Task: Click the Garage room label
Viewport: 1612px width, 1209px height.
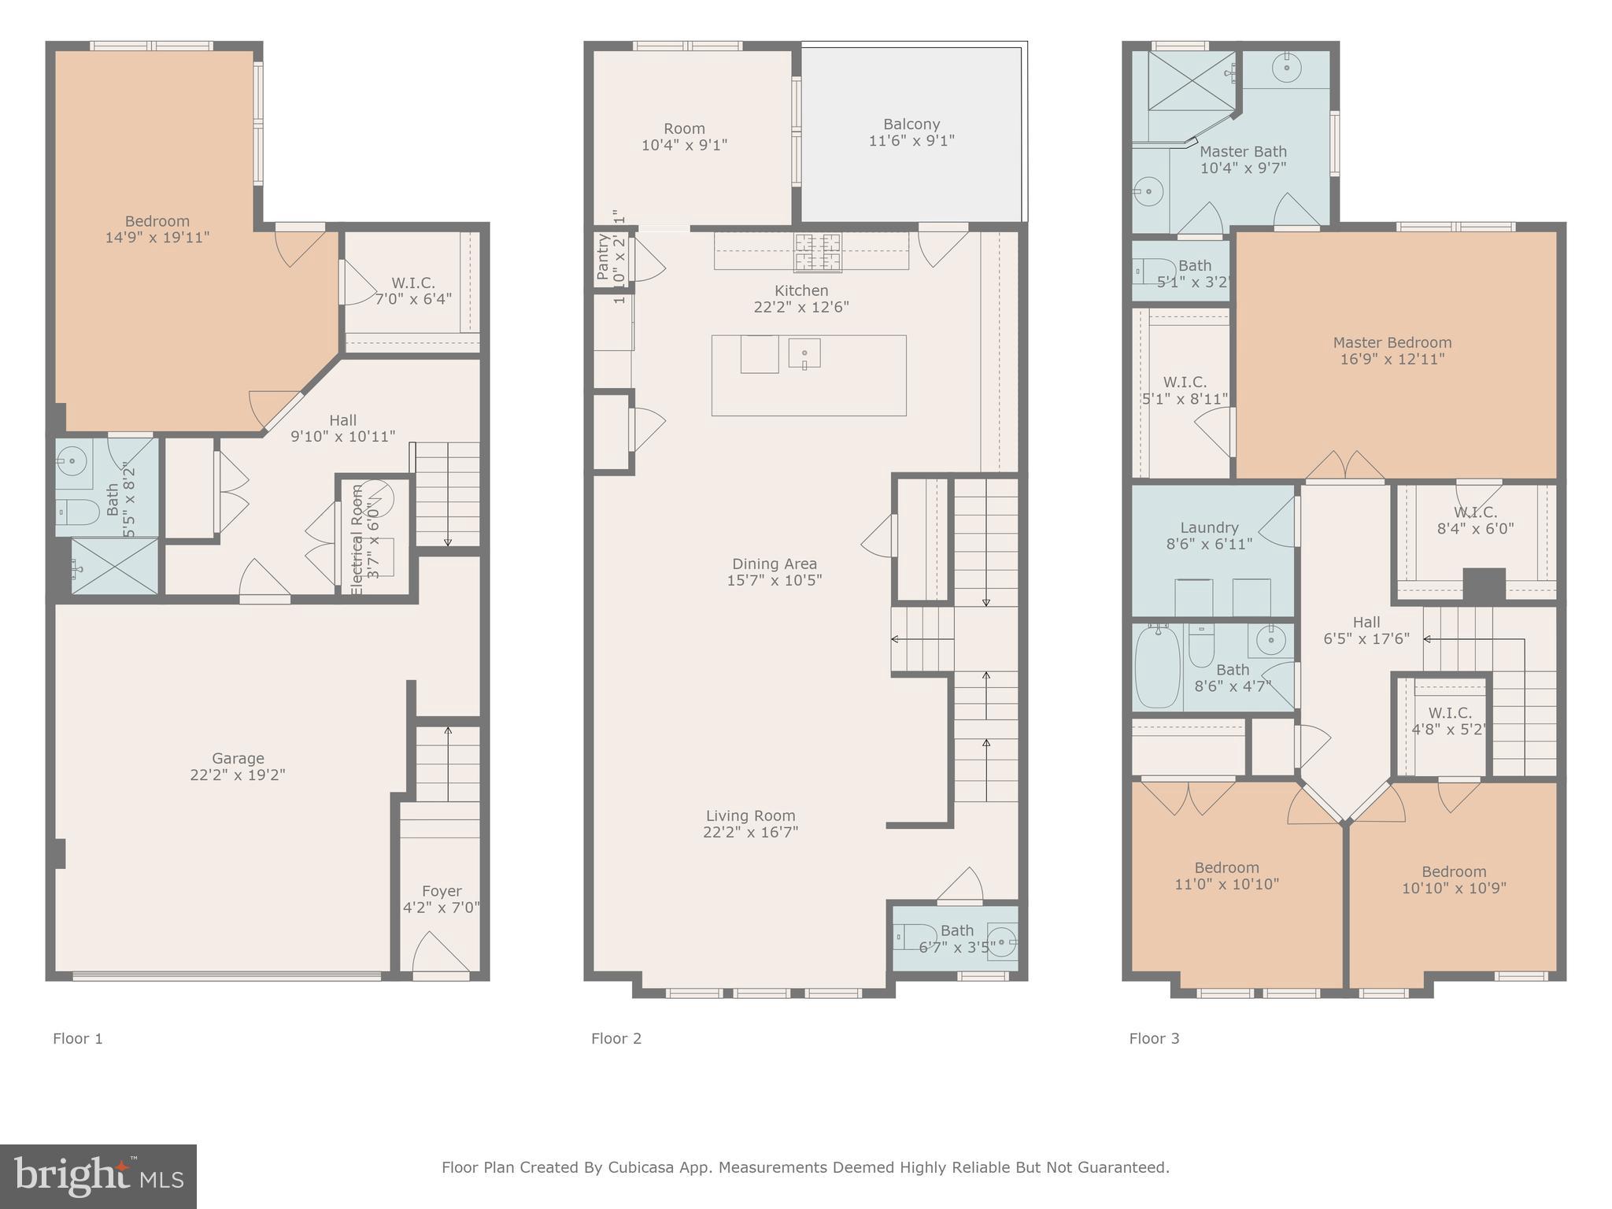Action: pyautogui.click(x=237, y=759)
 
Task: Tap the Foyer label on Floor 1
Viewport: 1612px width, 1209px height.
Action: pyautogui.click(x=441, y=891)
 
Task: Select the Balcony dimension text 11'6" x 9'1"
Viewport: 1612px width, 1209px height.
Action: pyautogui.click(x=911, y=141)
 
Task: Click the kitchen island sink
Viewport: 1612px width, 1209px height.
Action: pyautogui.click(x=804, y=353)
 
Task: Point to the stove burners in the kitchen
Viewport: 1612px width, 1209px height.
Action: pyautogui.click(x=817, y=252)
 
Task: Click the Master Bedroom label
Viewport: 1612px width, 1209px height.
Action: pyautogui.click(x=1392, y=342)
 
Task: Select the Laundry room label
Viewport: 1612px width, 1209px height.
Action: pyautogui.click(x=1209, y=527)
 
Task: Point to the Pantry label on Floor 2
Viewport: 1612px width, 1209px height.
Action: pyautogui.click(x=603, y=257)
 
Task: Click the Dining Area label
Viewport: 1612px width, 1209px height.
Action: pyautogui.click(x=774, y=564)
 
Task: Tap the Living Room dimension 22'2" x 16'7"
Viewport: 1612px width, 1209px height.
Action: pyautogui.click(x=750, y=832)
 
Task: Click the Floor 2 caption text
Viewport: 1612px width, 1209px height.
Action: pyautogui.click(x=616, y=1038)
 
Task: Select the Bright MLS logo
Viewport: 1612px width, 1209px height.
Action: pyautogui.click(x=98, y=1176)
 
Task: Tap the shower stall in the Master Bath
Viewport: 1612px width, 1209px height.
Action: pyautogui.click(x=1190, y=82)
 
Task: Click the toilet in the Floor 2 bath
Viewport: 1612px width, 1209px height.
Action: pyautogui.click(x=914, y=937)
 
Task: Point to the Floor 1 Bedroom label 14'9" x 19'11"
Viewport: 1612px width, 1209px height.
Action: pyautogui.click(x=157, y=229)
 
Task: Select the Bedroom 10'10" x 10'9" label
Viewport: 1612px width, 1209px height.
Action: pyautogui.click(x=1453, y=880)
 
